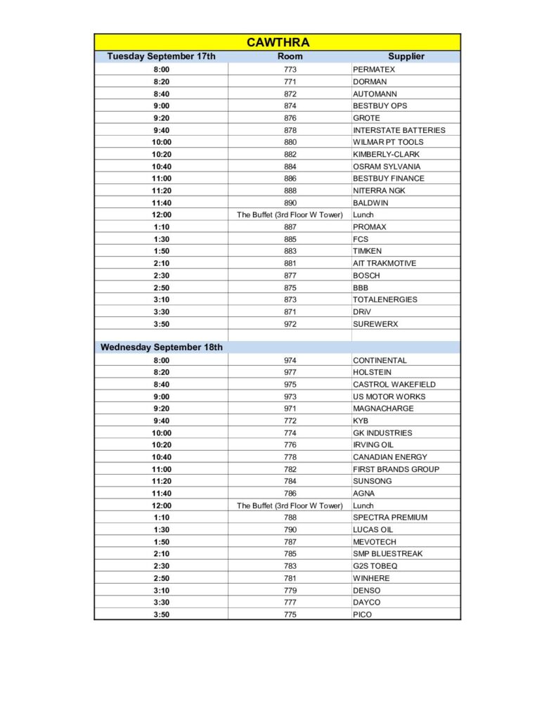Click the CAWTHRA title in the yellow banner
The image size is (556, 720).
click(278, 43)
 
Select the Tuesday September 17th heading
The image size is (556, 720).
click(161, 56)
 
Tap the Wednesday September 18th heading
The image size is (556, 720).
click(162, 347)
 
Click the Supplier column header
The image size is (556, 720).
click(406, 56)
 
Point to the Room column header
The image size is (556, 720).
click(290, 56)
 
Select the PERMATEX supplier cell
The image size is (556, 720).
click(374, 70)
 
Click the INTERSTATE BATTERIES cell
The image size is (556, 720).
click(399, 130)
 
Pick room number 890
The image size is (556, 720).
click(290, 202)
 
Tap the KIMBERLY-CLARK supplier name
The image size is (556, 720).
click(387, 154)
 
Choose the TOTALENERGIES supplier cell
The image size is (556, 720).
click(385, 300)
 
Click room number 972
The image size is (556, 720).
click(290, 324)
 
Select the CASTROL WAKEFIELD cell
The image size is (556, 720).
click(394, 385)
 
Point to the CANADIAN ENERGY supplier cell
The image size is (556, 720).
click(390, 457)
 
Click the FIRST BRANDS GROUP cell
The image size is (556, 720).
click(396, 469)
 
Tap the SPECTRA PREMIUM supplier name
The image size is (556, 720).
click(390, 517)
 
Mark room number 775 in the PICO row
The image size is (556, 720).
click(290, 615)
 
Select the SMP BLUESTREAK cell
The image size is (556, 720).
click(388, 554)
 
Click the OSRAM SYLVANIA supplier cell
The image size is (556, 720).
click(387, 167)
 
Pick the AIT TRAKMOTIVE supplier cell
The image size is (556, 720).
click(384, 263)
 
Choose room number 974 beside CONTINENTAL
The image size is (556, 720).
click(290, 360)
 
